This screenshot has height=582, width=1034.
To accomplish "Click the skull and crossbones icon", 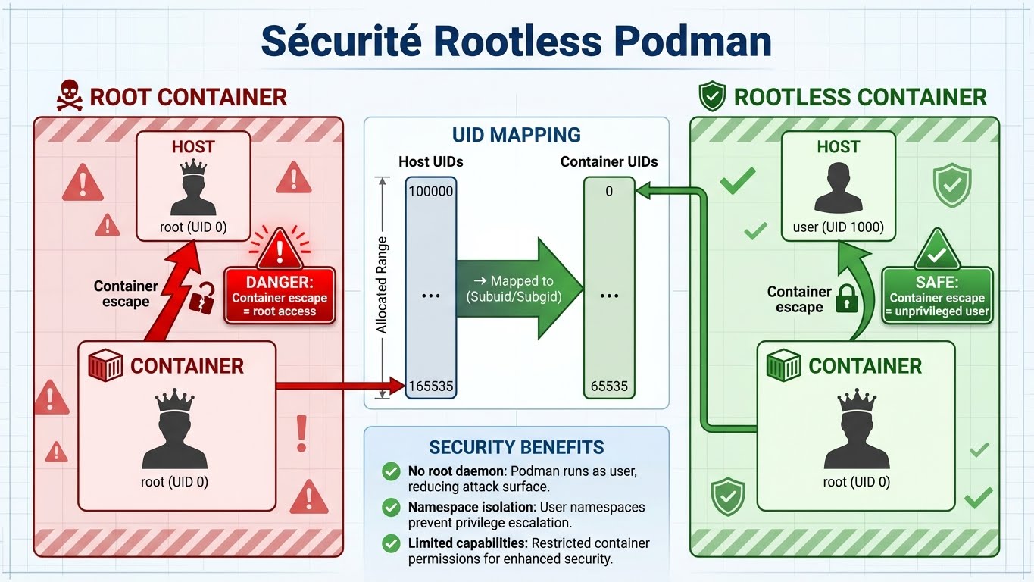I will [69, 97].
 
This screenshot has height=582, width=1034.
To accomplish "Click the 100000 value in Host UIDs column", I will [430, 192].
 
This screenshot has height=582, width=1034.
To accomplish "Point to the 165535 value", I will [430, 386].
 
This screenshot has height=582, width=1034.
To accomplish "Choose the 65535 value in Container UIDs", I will [609, 386].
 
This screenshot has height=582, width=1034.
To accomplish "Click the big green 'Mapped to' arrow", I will [520, 289].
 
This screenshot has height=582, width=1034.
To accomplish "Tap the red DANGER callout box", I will [280, 296].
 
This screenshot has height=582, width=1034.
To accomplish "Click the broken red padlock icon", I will [201, 298].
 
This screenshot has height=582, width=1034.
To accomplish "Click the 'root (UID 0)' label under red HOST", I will [192, 227].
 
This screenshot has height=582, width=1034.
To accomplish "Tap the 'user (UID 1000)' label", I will [838, 227].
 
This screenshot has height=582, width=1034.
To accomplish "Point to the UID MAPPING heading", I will [516, 136].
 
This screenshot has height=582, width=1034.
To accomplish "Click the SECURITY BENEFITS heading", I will [516, 447].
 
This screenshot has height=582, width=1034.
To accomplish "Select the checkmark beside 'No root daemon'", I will [391, 472].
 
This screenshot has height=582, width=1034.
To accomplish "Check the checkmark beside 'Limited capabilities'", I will [391, 543].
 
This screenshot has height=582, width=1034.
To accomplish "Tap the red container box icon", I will [105, 366].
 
